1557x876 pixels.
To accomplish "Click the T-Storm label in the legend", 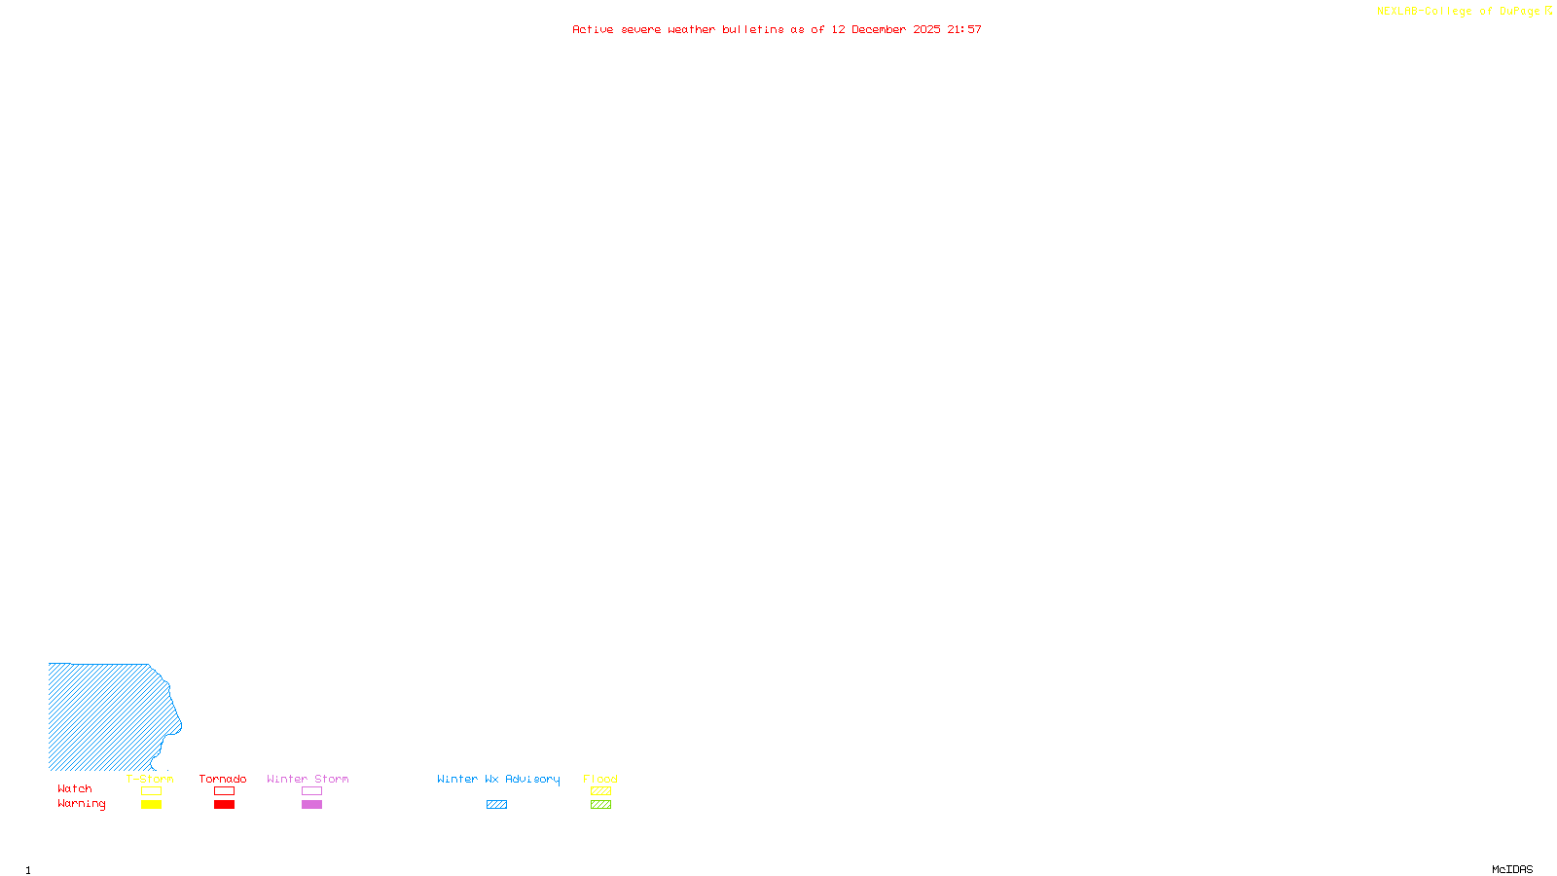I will [x=150, y=779].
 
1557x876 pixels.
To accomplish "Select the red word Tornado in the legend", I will [x=223, y=779].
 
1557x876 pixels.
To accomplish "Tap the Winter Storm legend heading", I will [x=308, y=779].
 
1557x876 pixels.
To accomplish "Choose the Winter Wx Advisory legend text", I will [x=498, y=779].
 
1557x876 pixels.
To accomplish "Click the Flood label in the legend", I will [x=600, y=779].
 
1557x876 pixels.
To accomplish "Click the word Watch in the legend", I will [x=75, y=789].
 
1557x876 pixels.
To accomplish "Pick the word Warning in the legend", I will [x=81, y=804].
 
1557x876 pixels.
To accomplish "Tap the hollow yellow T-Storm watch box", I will [x=151, y=791].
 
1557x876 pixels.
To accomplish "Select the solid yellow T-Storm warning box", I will [x=151, y=805].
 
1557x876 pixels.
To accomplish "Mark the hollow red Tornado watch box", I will [x=224, y=791].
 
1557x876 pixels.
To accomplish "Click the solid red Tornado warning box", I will [x=224, y=805].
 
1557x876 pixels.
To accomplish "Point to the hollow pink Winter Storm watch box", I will [x=311, y=791].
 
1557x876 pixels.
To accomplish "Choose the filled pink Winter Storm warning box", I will [x=311, y=805].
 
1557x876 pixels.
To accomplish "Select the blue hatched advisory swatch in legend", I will [x=496, y=805].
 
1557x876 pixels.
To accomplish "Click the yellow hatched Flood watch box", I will [x=600, y=791].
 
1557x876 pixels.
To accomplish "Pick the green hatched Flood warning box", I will [x=600, y=805].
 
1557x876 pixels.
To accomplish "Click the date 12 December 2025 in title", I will [x=886, y=29].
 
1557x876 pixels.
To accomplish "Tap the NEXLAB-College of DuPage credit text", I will [x=1459, y=12].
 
